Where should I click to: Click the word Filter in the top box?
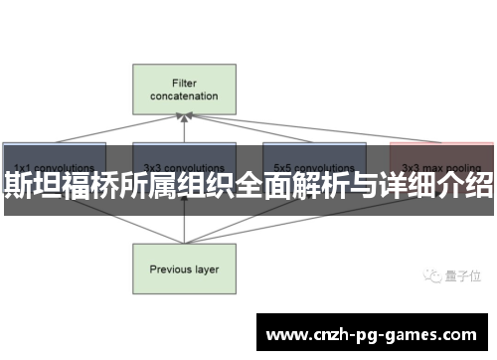(x=184, y=83)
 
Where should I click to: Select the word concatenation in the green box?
(x=184, y=96)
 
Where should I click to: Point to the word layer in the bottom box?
(x=207, y=242)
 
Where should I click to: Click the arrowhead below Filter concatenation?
(x=184, y=117)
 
